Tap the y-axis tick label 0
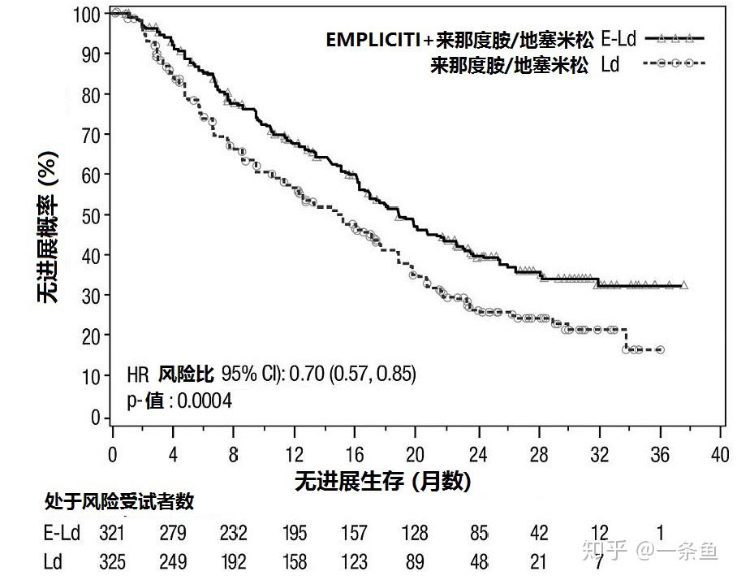point(95,418)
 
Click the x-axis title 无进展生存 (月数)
point(382,481)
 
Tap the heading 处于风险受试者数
point(119,502)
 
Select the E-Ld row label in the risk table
point(62,533)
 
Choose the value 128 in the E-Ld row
point(415,533)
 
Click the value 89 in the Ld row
point(415,561)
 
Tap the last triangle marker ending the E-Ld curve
point(683,285)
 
